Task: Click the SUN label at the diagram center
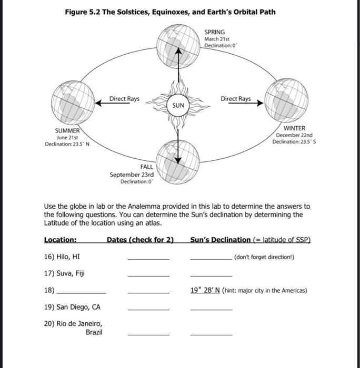[178, 106]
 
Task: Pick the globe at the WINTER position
[286, 99]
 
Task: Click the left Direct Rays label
[124, 99]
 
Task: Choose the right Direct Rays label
[235, 99]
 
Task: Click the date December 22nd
[294, 135]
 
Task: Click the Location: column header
[60, 240]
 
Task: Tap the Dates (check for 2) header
[140, 240]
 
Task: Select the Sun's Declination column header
[221, 240]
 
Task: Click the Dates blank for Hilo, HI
[148, 258]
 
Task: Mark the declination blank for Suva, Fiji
[211, 274]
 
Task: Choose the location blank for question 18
[81, 291]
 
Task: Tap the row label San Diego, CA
[72, 307]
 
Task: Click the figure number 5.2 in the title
[93, 12]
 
